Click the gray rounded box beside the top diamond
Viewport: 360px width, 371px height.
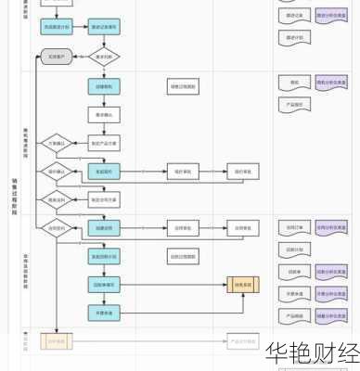coord(55,58)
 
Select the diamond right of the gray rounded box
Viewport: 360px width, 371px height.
coord(104,58)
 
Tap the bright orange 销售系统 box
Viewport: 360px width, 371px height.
coord(243,285)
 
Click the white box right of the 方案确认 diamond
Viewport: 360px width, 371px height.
coord(104,143)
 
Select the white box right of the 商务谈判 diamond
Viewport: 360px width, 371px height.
coord(104,199)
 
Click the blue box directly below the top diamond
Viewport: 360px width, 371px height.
coord(104,86)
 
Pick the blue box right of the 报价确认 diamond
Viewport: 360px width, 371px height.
coord(104,172)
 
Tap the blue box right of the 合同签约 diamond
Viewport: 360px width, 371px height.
coord(104,227)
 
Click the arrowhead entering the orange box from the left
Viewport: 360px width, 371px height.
coord(225,285)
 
